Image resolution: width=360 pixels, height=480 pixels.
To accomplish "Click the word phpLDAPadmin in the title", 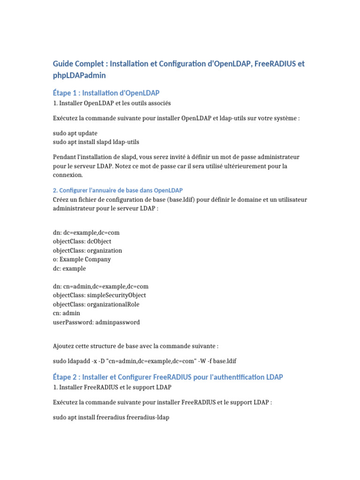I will [79, 75].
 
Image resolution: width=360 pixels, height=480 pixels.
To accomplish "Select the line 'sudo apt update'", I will [75, 133].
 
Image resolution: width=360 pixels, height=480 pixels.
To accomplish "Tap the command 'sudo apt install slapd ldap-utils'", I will [96, 142].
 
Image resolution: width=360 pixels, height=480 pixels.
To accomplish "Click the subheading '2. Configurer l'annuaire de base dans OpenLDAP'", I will [118, 190].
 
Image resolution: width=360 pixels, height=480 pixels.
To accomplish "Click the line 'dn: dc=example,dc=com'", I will [90, 232].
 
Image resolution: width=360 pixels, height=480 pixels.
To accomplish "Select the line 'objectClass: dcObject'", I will [82, 241].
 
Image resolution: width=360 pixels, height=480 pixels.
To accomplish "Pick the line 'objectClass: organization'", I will [88, 250].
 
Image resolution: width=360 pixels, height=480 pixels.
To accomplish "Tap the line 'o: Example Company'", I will [82, 259].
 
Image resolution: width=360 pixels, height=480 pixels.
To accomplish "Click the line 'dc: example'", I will [69, 269].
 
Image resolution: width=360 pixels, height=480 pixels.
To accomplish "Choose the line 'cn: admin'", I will [67, 313].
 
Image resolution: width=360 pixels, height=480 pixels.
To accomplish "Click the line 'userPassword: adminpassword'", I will [96, 322].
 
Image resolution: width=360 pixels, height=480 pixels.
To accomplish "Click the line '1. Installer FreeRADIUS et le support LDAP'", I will [112, 387].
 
